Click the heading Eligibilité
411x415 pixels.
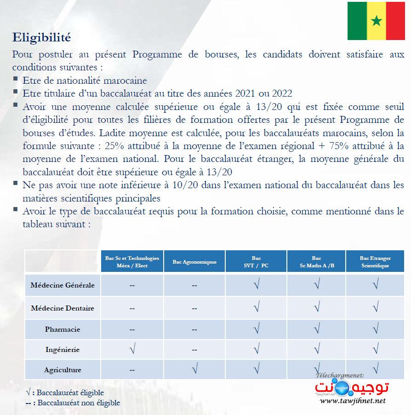[x=41, y=37]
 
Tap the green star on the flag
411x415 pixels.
[x=377, y=21]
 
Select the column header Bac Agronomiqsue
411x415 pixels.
[x=194, y=262]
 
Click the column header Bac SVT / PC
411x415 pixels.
[x=256, y=262]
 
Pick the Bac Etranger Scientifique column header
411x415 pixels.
[x=375, y=262]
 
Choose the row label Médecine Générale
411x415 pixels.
[x=63, y=285]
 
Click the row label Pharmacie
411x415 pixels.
[x=63, y=329]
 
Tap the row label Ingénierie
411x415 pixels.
[x=63, y=350]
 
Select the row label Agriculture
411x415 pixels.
[x=63, y=370]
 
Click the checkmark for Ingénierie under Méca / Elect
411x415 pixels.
[x=132, y=350]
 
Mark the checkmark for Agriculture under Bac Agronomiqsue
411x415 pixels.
[x=194, y=368]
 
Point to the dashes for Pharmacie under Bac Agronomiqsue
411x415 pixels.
[x=194, y=330]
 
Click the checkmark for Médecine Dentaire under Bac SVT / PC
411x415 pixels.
[x=256, y=306]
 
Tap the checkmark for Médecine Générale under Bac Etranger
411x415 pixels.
[x=375, y=285]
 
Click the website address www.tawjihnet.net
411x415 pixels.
[x=353, y=401]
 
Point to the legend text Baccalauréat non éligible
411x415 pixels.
[x=79, y=403]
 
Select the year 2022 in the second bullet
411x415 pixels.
[x=281, y=93]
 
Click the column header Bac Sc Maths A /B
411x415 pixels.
[x=316, y=262]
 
